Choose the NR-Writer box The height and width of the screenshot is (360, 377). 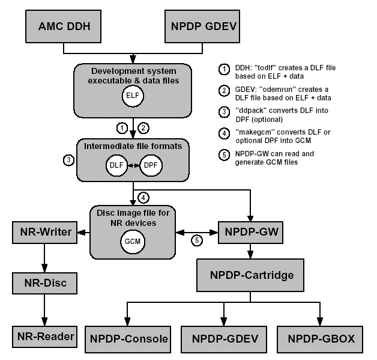pos(43,232)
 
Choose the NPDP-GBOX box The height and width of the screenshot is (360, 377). pos(321,339)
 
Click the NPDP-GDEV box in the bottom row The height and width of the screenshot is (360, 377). pos(224,339)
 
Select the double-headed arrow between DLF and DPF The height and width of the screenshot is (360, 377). pos(133,165)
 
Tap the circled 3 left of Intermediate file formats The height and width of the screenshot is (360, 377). pos(68,160)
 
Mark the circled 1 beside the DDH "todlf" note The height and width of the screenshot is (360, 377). pos(223,69)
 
